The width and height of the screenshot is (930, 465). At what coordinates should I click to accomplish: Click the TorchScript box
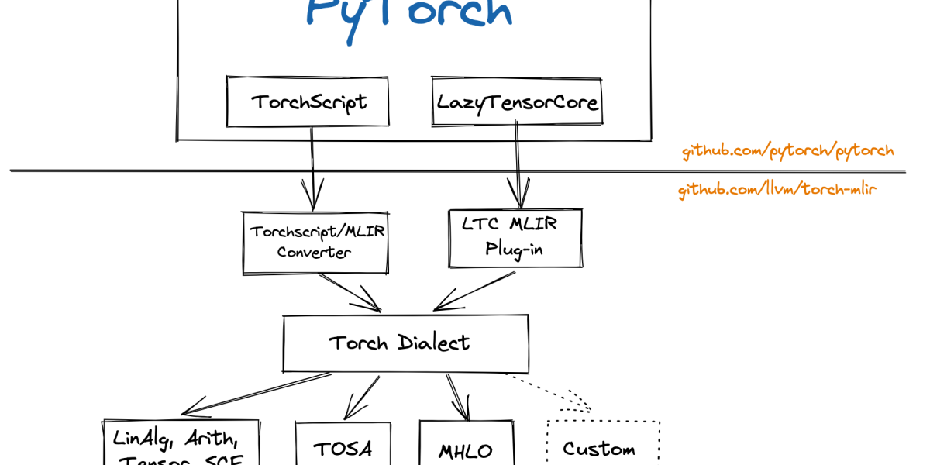pyautogui.click(x=308, y=101)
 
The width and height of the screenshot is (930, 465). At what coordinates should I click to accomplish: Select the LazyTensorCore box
pyautogui.click(x=518, y=101)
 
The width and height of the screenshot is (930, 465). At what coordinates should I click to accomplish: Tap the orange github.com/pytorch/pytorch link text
pyautogui.click(x=787, y=151)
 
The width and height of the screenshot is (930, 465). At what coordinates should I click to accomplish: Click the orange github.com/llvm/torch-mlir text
pyautogui.click(x=777, y=189)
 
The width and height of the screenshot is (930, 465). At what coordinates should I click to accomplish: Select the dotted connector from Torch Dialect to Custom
pyautogui.click(x=550, y=392)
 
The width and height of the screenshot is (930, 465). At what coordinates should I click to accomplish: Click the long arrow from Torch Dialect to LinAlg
pyautogui.click(x=256, y=394)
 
